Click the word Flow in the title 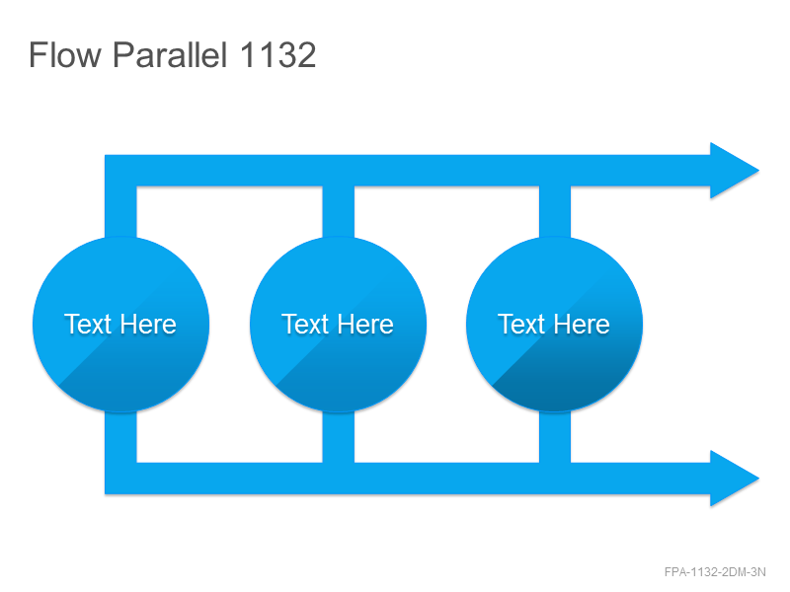(x=65, y=54)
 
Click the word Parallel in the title (x=170, y=54)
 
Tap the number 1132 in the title (x=277, y=54)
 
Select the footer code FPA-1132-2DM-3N (x=715, y=572)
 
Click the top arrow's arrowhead (x=731, y=171)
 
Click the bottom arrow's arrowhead (x=731, y=479)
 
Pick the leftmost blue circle (x=120, y=325)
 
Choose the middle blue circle (x=338, y=325)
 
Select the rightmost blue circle (x=554, y=325)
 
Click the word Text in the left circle (x=87, y=325)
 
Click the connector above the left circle (x=120, y=211)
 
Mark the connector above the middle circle (x=338, y=211)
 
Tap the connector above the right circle (x=555, y=211)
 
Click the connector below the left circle (x=120, y=436)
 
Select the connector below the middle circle (x=338, y=436)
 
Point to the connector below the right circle (x=555, y=436)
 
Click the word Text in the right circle (x=521, y=325)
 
